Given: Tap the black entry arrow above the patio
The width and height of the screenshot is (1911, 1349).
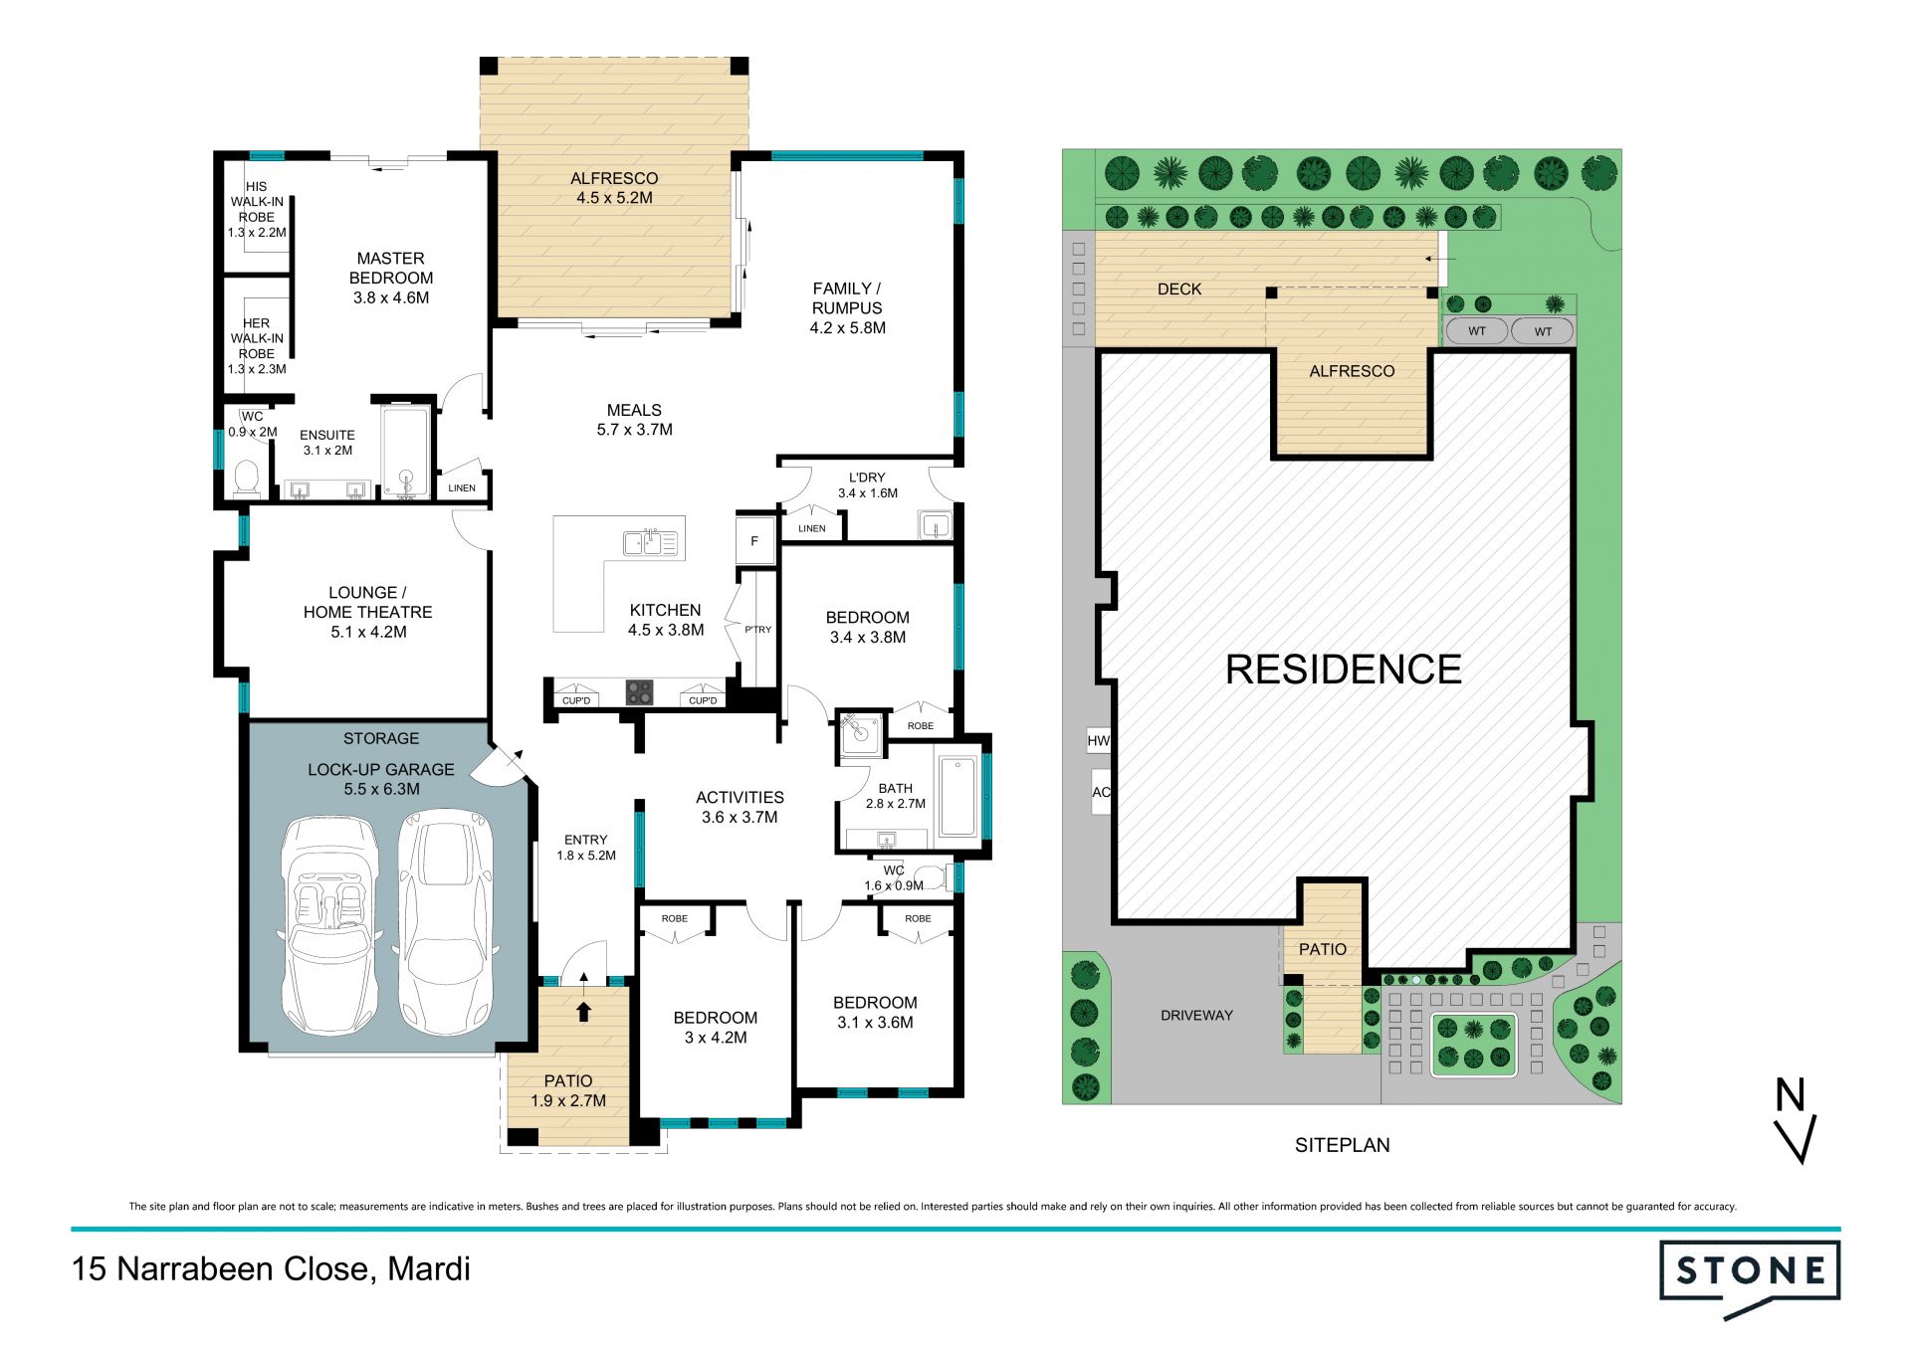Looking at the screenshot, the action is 584,1010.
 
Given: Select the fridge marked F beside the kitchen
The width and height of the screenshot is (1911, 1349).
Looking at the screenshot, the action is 754,541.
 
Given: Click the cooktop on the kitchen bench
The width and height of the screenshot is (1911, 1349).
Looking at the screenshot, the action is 640,692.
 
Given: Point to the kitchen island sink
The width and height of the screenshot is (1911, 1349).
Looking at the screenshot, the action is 650,542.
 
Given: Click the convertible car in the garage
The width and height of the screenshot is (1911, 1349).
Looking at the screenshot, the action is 327,925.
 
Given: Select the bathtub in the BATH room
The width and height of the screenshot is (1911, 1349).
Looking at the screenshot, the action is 957,797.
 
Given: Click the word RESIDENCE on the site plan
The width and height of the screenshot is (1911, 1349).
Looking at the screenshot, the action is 1344,670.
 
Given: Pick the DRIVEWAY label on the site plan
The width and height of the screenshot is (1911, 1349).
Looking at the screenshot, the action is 1196,1016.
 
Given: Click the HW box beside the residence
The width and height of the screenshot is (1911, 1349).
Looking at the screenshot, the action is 1098,740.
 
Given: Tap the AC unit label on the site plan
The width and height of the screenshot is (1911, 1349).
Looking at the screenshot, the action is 1101,793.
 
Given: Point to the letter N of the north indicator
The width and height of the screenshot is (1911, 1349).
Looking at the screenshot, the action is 1791,1094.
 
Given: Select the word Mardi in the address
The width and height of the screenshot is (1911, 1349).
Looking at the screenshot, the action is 429,1269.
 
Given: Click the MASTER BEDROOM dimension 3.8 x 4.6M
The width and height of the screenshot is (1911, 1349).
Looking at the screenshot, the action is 391,297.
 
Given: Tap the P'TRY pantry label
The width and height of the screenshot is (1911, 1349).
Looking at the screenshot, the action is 757,630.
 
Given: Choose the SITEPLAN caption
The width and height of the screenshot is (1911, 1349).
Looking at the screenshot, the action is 1343,1145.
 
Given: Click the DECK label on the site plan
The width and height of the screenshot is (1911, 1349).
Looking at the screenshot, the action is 1179,289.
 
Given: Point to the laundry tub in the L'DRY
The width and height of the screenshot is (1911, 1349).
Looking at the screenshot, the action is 935,524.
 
